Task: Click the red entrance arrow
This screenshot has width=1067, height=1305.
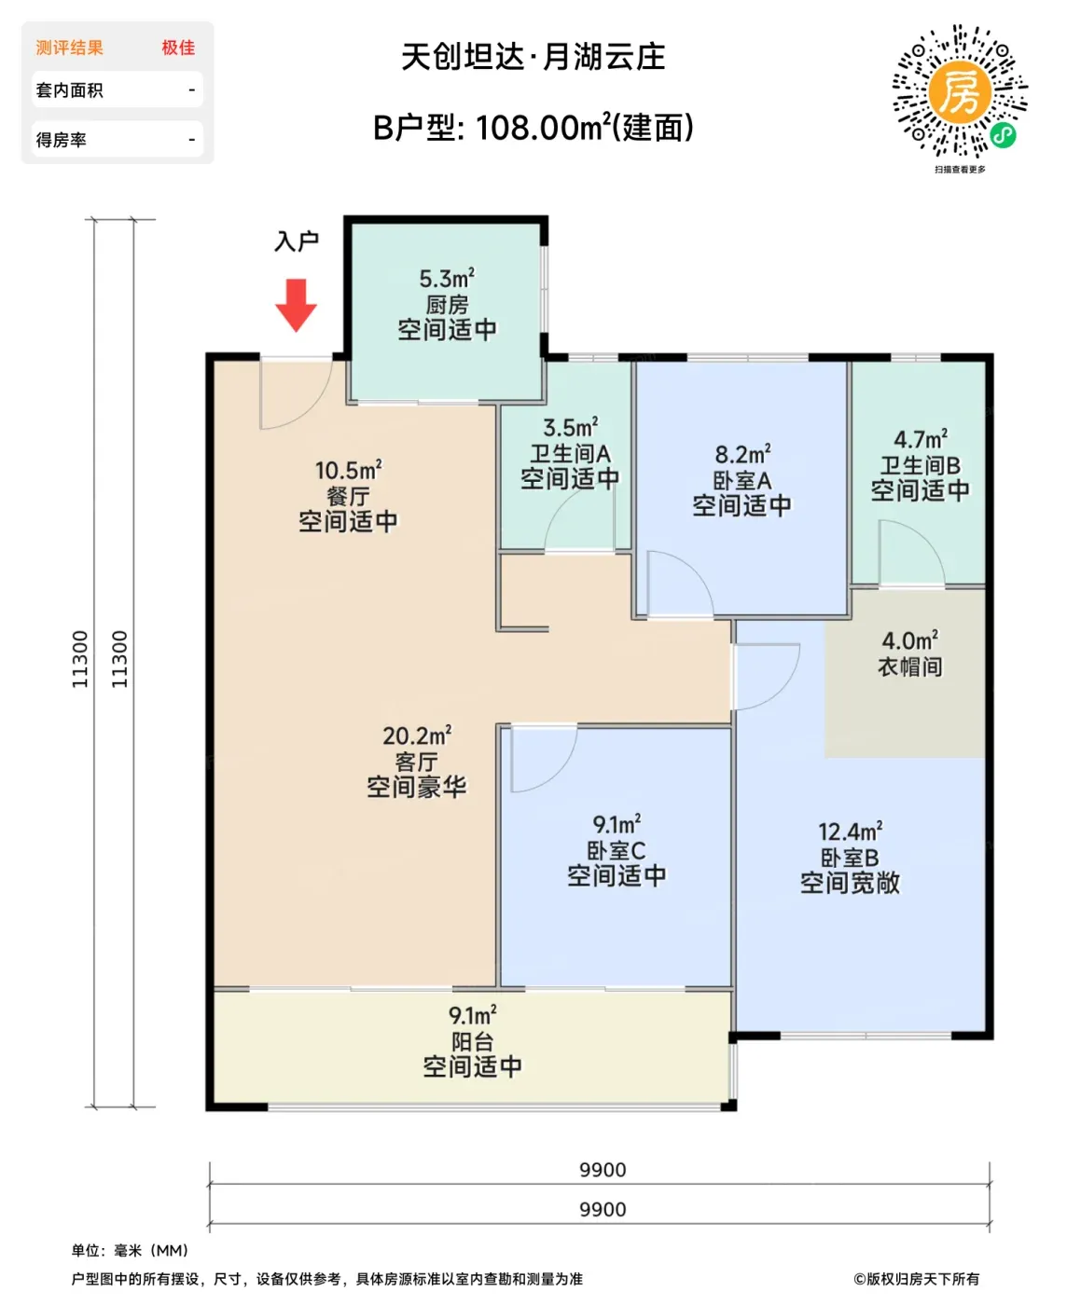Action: click(x=296, y=305)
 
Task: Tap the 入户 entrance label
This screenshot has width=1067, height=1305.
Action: click(x=297, y=240)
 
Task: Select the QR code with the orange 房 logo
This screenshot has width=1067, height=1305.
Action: click(x=959, y=91)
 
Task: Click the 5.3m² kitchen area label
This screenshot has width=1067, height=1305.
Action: click(x=447, y=279)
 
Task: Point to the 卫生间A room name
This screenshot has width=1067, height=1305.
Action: click(x=571, y=454)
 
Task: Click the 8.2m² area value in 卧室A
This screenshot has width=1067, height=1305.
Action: click(x=742, y=454)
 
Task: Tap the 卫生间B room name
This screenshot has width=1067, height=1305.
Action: click(x=921, y=465)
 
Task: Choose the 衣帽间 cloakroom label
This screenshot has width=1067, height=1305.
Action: click(x=909, y=666)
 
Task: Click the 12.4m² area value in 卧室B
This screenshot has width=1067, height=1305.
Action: click(x=850, y=831)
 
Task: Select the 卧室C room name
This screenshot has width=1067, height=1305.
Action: click(x=617, y=850)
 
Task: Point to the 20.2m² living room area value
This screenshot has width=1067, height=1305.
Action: click(x=417, y=735)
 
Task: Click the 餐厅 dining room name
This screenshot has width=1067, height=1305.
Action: click(x=348, y=496)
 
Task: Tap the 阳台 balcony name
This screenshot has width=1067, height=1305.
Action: click(x=472, y=1041)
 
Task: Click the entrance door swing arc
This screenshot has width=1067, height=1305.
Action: click(x=312, y=409)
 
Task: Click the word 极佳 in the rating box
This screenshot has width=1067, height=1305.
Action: click(x=178, y=48)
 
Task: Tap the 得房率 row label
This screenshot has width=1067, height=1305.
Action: click(x=61, y=140)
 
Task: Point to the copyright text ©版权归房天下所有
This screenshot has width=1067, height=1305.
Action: click(x=917, y=1278)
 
